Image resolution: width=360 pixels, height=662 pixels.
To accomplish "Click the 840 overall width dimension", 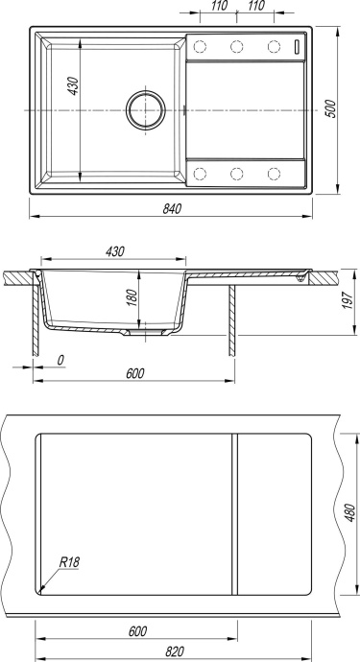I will click(173, 207).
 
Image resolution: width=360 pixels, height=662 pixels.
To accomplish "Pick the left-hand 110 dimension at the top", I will click(222, 7).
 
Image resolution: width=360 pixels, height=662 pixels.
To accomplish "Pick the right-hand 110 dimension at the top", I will click(256, 7).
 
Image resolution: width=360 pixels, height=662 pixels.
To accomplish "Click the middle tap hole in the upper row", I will click(236, 47).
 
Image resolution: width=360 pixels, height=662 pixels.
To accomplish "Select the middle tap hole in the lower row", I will click(236, 174).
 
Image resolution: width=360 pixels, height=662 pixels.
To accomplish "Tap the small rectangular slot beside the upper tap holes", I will click(299, 47).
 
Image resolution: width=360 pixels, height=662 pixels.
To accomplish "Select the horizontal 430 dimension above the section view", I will click(113, 251).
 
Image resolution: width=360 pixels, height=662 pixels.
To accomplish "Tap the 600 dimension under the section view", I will click(133, 373).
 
